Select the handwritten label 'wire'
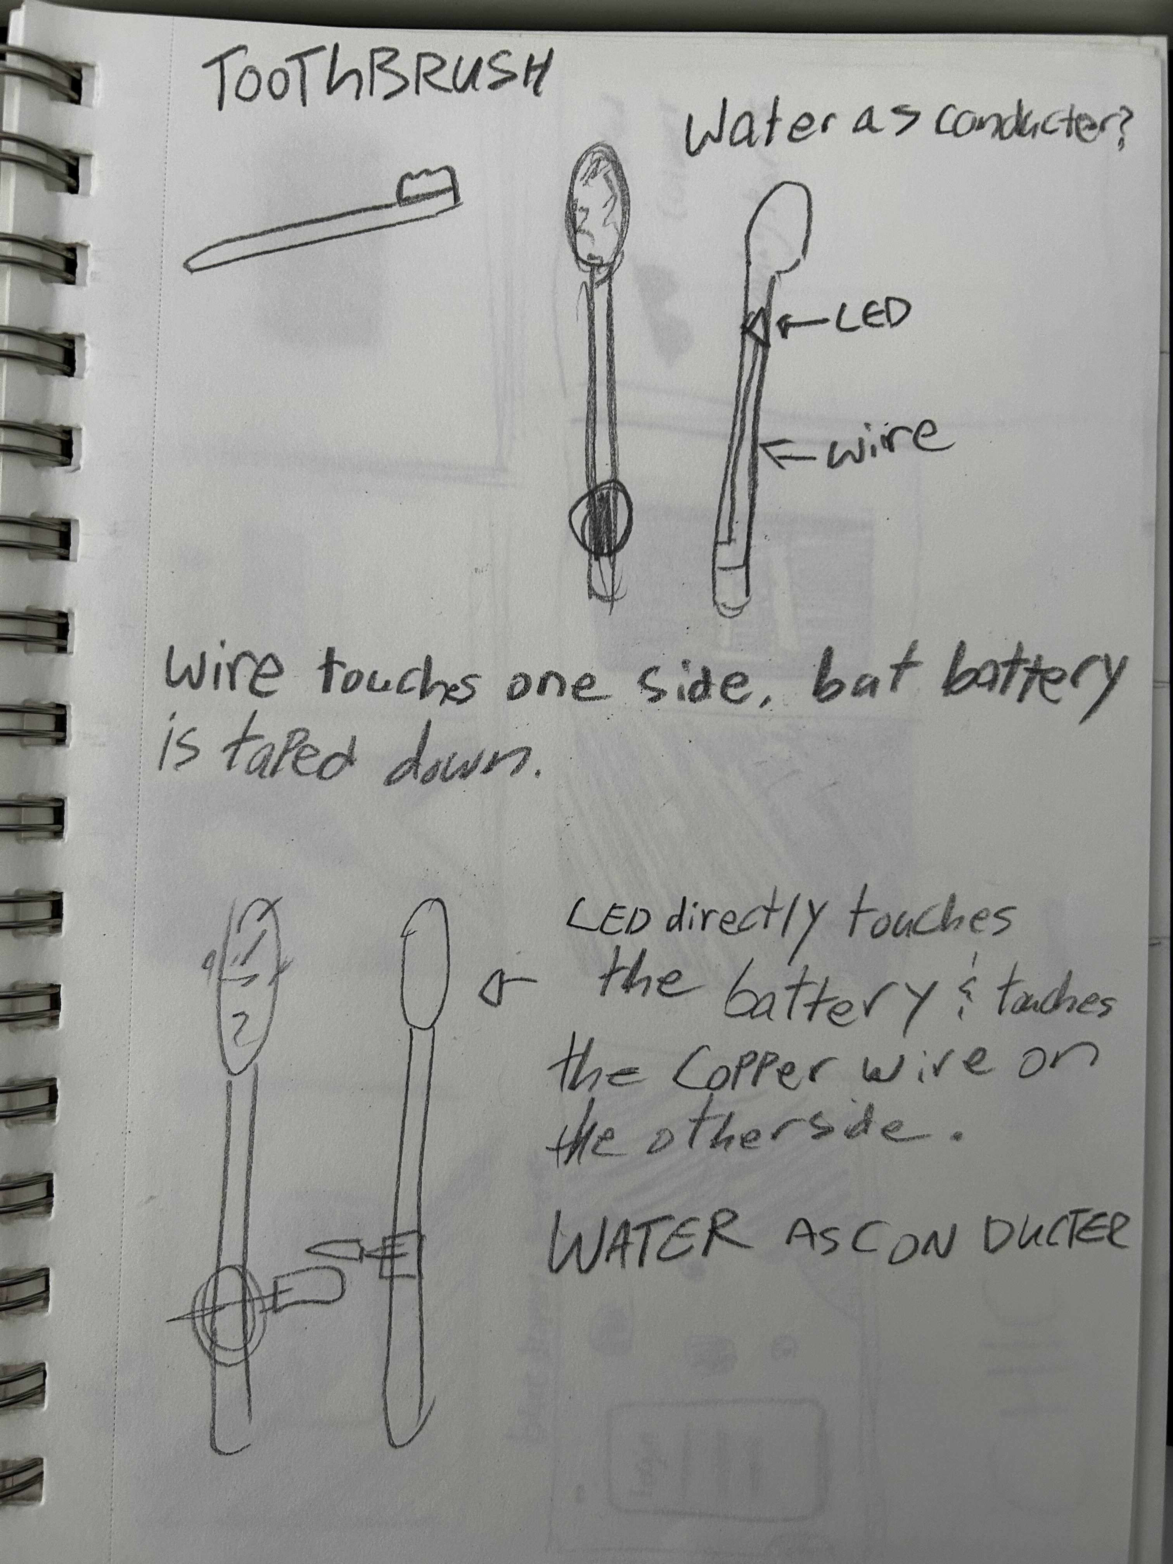pos(880,445)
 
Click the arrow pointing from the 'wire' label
pos(790,453)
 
